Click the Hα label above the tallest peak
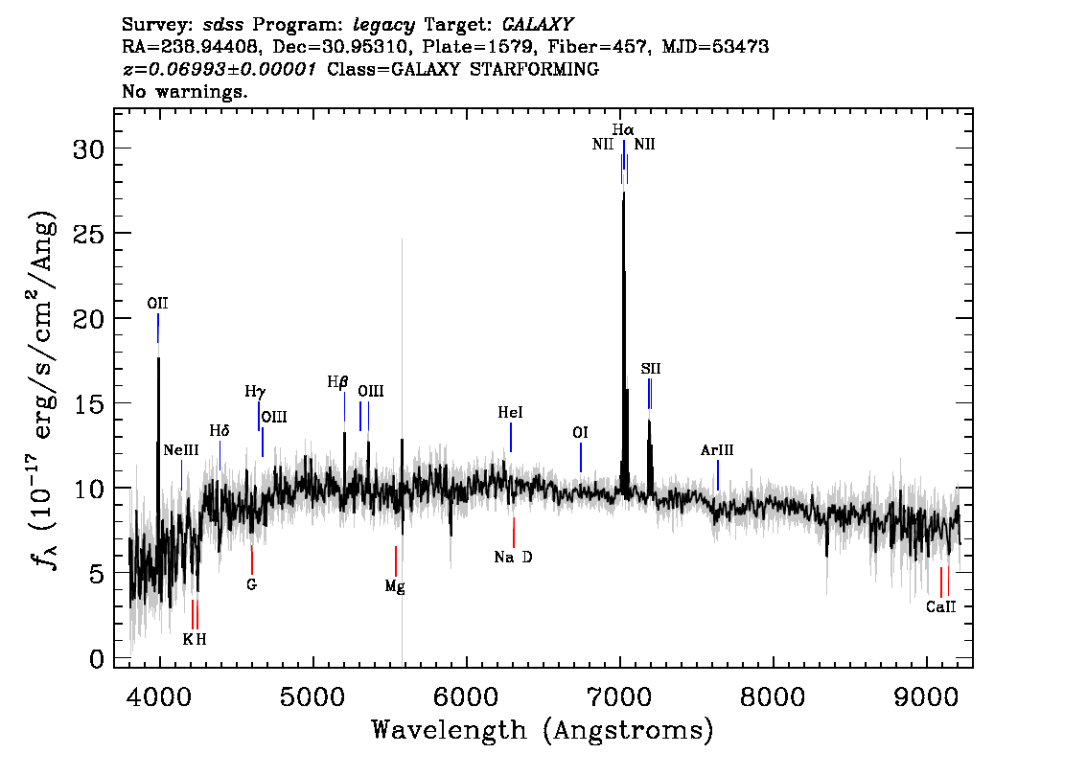pyautogui.click(x=622, y=129)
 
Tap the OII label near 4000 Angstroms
pyautogui.click(x=157, y=304)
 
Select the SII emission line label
pyautogui.click(x=650, y=369)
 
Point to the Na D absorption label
pyautogui.click(x=513, y=557)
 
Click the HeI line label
pyautogui.click(x=510, y=413)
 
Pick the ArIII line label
pyautogui.click(x=717, y=450)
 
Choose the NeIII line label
pyautogui.click(x=181, y=450)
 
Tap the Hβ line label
pyautogui.click(x=337, y=381)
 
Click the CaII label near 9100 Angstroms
pyautogui.click(x=940, y=607)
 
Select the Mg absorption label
pyautogui.click(x=395, y=587)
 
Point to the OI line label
pyautogui.click(x=580, y=432)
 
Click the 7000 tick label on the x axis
pyautogui.click(x=619, y=696)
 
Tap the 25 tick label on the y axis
pyautogui.click(x=89, y=234)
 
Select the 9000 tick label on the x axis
pyautogui.click(x=925, y=696)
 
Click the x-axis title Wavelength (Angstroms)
pyautogui.click(x=543, y=730)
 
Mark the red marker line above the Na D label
pyautogui.click(x=514, y=532)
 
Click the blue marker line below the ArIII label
pyautogui.click(x=718, y=474)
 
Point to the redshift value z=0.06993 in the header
pyautogui.click(x=220, y=69)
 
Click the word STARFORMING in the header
pyautogui.click(x=535, y=69)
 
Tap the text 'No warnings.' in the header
pyautogui.click(x=184, y=91)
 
